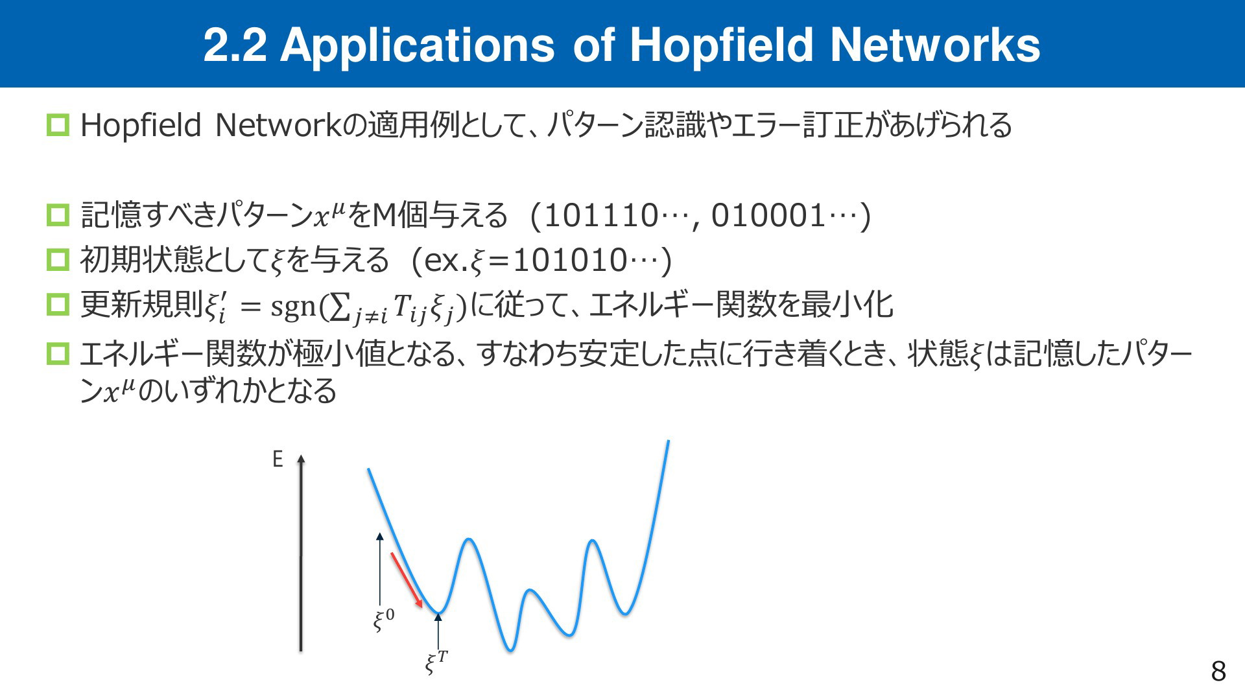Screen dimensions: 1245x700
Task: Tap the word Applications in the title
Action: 417,45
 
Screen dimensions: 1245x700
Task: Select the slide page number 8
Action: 1218,671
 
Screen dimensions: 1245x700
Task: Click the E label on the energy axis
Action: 278,460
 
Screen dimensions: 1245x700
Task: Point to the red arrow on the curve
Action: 407,580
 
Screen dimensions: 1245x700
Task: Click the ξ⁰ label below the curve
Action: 383,620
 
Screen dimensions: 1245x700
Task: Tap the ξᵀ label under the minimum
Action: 436,662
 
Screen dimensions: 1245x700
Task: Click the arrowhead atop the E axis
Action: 301,459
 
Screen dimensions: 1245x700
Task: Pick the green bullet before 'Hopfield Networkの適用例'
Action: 58,125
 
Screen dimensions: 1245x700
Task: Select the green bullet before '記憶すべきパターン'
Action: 58,215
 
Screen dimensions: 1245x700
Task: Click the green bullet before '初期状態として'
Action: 58,260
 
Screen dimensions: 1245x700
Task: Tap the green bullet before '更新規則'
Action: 58,305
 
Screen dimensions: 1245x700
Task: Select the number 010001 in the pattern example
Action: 768,216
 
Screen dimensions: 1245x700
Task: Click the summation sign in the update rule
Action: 338,307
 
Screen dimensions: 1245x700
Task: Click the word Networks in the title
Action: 935,45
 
